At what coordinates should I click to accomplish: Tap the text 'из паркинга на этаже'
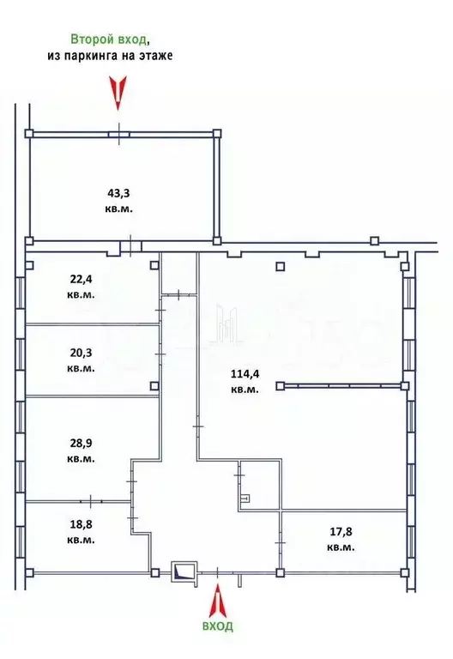(x=110, y=55)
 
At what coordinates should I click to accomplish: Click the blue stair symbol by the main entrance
(x=184, y=571)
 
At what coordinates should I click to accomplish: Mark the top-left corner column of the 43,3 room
(x=29, y=134)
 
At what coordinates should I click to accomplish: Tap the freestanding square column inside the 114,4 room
(x=279, y=266)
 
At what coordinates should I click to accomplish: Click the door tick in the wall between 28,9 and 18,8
(x=91, y=499)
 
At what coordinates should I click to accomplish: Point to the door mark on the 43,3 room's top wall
(x=119, y=134)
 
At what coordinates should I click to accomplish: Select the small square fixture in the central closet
(x=245, y=497)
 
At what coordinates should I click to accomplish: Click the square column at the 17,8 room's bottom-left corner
(x=280, y=571)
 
